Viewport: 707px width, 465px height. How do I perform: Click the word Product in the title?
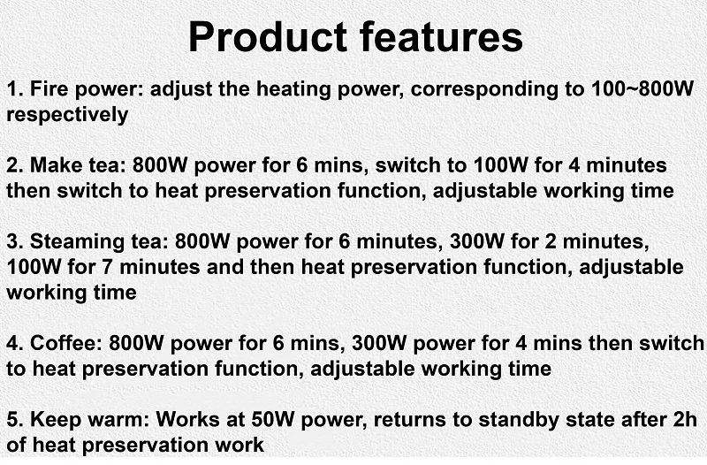(x=268, y=38)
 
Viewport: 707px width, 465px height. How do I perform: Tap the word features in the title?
(x=441, y=36)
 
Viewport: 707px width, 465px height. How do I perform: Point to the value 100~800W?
(x=642, y=88)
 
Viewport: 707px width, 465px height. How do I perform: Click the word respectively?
(x=68, y=116)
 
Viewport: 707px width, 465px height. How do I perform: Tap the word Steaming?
(x=77, y=242)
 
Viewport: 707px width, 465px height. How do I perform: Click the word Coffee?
(x=65, y=343)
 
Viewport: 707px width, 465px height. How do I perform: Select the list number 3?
(x=14, y=241)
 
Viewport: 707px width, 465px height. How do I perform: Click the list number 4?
(x=14, y=343)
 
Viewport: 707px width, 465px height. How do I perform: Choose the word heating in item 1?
(x=293, y=89)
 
